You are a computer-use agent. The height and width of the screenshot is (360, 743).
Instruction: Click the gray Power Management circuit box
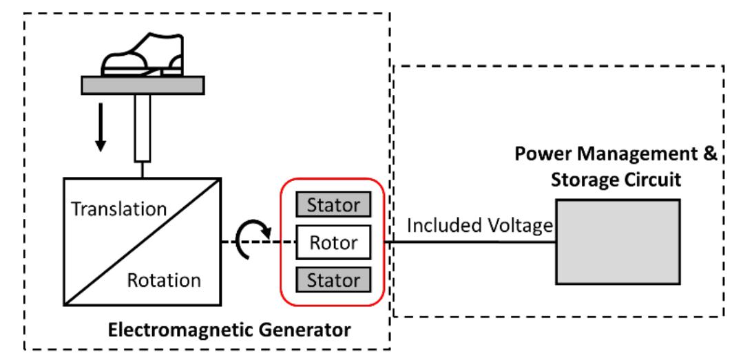pyautogui.click(x=618, y=242)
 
